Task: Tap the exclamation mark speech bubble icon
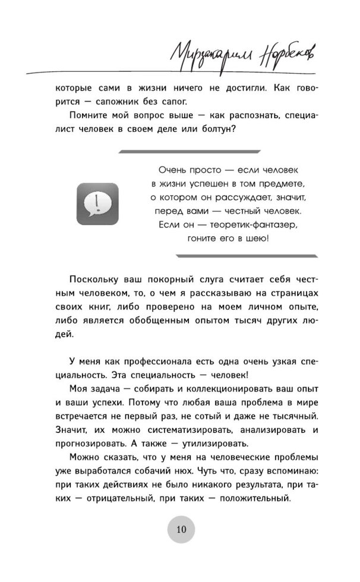click(x=97, y=203)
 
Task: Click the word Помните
click(x=88, y=118)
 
